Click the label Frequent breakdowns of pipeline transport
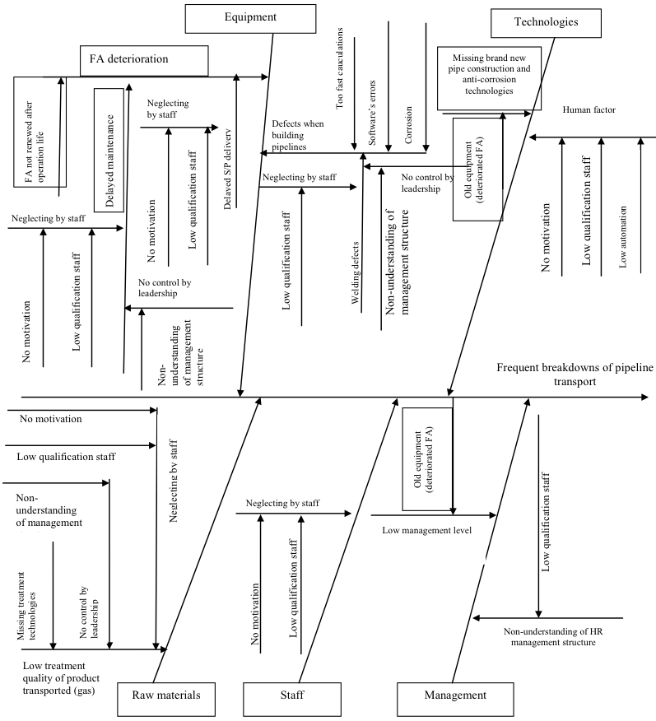click(x=575, y=374)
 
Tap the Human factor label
click(x=589, y=109)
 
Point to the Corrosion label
click(x=408, y=125)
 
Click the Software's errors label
click(x=372, y=113)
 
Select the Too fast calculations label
click(x=339, y=68)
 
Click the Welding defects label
click(x=355, y=272)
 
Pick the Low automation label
click(x=623, y=237)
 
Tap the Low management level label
click(x=426, y=530)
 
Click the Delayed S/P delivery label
click(x=227, y=170)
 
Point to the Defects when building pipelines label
click(x=297, y=135)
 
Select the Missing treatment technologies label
click(x=26, y=606)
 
